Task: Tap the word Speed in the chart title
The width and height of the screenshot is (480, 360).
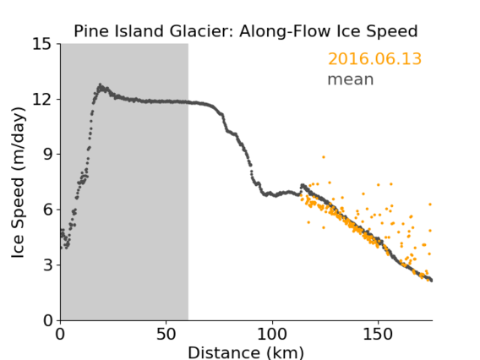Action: pyautogui.click(x=392, y=32)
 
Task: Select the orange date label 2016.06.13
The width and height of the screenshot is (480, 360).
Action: pyautogui.click(x=374, y=58)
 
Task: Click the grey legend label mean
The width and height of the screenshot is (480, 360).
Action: pyautogui.click(x=351, y=79)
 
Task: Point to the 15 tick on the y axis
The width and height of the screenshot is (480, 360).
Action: pyautogui.click(x=42, y=45)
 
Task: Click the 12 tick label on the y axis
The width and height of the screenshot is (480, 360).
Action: pyautogui.click(x=42, y=99)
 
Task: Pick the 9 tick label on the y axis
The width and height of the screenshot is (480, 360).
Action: pyautogui.click(x=47, y=155)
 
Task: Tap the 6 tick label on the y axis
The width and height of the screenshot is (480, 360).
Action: pyautogui.click(x=47, y=210)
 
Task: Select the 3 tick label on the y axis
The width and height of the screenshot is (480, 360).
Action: pyautogui.click(x=47, y=265)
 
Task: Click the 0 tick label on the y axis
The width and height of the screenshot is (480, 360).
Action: pyautogui.click(x=47, y=320)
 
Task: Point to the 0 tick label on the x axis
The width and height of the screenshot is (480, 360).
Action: pyautogui.click(x=60, y=334)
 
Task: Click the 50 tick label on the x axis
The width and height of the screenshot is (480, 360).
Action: pyautogui.click(x=166, y=334)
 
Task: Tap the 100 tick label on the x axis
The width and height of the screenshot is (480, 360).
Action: pyautogui.click(x=272, y=334)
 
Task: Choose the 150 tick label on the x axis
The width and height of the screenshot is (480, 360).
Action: pyautogui.click(x=378, y=334)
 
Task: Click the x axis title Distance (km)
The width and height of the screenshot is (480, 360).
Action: pyautogui.click(x=246, y=353)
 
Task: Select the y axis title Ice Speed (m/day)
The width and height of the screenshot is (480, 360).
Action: pyautogui.click(x=18, y=183)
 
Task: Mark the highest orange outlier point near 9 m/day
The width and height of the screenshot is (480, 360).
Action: pyautogui.click(x=324, y=157)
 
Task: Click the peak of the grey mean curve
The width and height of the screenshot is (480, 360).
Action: pyautogui.click(x=100, y=85)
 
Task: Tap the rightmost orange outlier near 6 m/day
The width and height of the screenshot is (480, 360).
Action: pyautogui.click(x=430, y=205)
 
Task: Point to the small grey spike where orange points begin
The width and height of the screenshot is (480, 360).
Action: pyautogui.click(x=303, y=186)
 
